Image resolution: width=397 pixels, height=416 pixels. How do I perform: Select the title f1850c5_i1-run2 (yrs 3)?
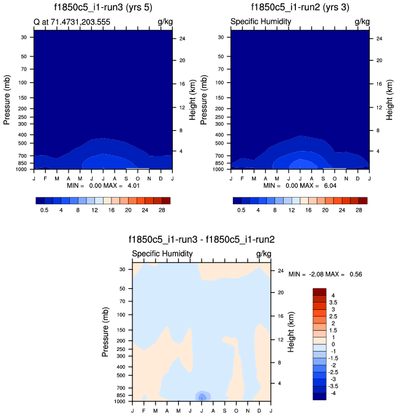pos(300,7)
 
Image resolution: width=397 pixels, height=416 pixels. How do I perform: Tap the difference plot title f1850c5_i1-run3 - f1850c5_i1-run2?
pos(202,240)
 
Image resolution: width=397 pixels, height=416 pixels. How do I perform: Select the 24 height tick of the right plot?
pos(379,39)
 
